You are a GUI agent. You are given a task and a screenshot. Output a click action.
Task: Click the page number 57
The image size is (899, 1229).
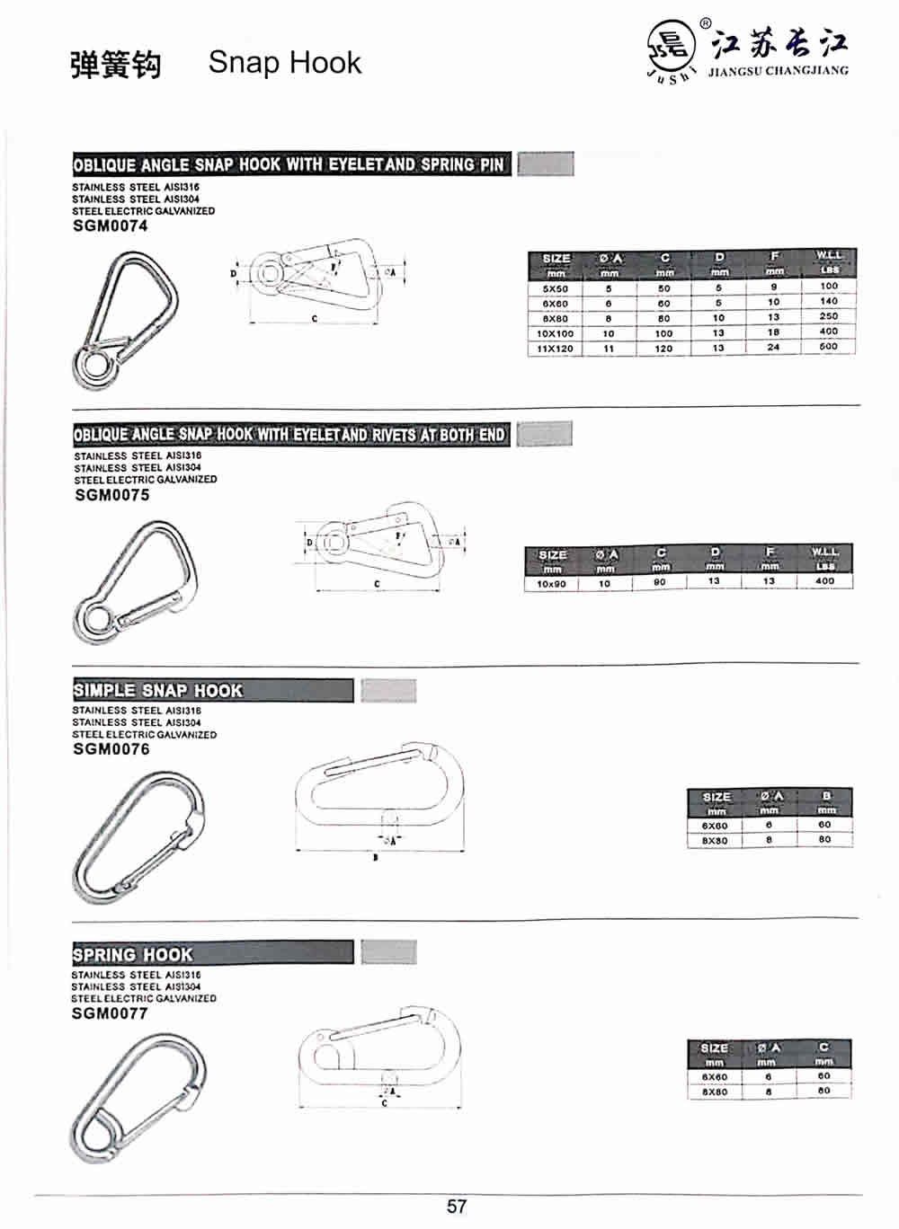pos(456,1206)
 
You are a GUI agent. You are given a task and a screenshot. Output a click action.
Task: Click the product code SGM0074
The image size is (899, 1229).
pos(110,226)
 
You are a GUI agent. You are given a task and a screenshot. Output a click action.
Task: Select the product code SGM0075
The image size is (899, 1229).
pos(111,495)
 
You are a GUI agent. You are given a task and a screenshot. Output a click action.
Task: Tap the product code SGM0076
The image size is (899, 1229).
pos(111,749)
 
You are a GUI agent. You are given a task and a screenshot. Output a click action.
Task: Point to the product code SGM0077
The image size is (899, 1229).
pos(109,1013)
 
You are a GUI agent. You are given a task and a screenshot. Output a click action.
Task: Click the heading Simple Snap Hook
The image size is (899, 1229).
pos(158,691)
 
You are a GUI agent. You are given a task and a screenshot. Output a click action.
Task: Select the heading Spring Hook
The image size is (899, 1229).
pos(133,954)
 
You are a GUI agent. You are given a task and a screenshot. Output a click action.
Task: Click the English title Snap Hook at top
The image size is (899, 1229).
pos(284,63)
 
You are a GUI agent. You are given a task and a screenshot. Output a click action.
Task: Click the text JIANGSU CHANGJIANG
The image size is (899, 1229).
pos(778,71)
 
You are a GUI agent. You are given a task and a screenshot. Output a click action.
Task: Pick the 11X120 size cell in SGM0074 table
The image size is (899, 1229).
pos(555,349)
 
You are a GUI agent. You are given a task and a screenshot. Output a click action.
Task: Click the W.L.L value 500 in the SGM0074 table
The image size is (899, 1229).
pos(828,346)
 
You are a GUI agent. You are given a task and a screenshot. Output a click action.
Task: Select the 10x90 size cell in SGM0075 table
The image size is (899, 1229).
pos(551,584)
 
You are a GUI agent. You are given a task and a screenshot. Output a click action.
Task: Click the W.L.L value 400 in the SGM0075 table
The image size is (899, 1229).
pos(824,581)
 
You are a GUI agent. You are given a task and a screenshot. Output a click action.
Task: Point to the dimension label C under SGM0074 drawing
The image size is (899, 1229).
pos(314,319)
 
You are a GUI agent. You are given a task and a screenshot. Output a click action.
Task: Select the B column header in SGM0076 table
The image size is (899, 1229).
pos(825,796)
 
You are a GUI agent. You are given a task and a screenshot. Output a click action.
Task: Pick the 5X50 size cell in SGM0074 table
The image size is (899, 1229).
pos(555,289)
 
